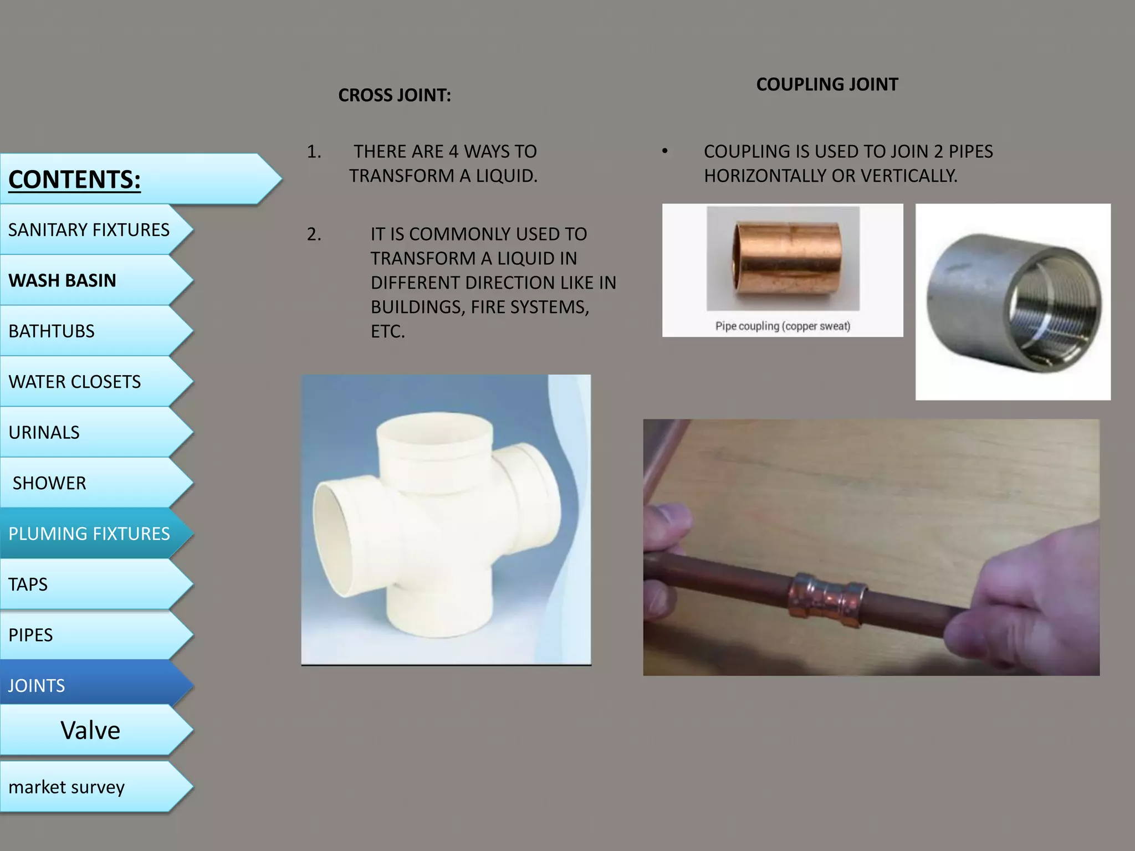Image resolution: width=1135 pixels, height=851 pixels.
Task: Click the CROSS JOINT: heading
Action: click(x=395, y=95)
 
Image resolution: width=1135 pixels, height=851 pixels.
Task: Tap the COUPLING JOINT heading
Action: click(x=827, y=84)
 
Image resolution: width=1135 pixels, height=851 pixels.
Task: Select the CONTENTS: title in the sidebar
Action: click(x=75, y=180)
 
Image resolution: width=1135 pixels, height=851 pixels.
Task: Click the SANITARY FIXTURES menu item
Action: click(x=89, y=230)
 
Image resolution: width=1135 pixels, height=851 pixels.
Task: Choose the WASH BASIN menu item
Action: click(x=63, y=280)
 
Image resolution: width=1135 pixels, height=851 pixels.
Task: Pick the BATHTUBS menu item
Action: click(x=52, y=331)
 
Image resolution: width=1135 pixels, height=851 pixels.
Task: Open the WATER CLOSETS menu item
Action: click(x=75, y=382)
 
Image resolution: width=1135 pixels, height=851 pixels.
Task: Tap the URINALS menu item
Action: click(x=44, y=433)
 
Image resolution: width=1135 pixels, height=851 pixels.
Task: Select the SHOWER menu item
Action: click(x=49, y=483)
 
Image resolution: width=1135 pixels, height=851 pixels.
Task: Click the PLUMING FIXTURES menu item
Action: click(x=89, y=534)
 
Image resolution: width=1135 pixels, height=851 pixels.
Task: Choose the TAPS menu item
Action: click(x=28, y=585)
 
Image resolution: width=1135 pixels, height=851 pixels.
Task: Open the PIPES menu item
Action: click(x=30, y=635)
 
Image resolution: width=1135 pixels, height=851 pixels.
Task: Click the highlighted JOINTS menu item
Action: click(x=37, y=686)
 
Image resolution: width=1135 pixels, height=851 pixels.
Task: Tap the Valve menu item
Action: click(x=90, y=730)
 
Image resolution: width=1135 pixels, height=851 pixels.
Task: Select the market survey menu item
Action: click(x=67, y=787)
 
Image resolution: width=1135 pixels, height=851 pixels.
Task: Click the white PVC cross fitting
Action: click(x=438, y=521)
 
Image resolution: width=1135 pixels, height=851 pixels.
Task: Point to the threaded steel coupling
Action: click(x=1014, y=304)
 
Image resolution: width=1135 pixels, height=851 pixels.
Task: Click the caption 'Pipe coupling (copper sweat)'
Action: click(x=783, y=326)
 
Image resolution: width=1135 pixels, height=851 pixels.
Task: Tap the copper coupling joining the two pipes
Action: click(x=827, y=599)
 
